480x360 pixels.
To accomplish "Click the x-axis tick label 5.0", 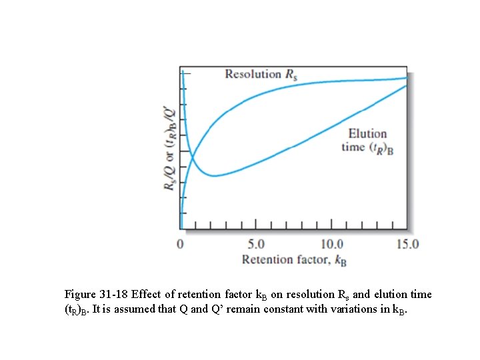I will click(x=256, y=243).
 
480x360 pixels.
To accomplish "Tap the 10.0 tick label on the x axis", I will click(x=332, y=243).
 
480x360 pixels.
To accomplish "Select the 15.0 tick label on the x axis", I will click(x=407, y=243).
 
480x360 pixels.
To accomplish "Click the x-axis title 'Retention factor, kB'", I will click(x=293, y=259).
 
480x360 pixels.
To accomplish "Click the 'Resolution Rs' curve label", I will click(x=261, y=74).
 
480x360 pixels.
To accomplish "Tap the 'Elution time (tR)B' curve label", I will click(x=367, y=141).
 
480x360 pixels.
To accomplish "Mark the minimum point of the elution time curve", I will click(x=213, y=176).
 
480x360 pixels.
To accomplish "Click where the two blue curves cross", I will click(x=192, y=158).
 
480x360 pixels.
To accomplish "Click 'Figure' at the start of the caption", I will click(x=81, y=294).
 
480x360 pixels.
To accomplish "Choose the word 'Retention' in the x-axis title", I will click(x=267, y=259).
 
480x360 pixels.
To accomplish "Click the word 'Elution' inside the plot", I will click(x=367, y=134).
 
